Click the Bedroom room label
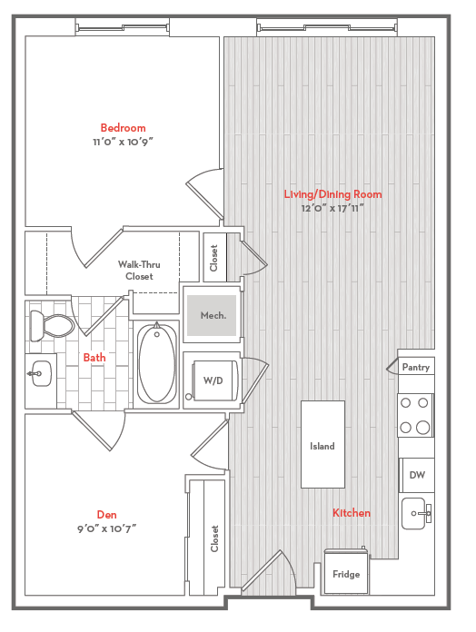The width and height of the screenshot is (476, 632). (123, 128)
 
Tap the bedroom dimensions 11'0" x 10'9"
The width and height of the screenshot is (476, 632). (123, 142)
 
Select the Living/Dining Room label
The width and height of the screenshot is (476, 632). (332, 194)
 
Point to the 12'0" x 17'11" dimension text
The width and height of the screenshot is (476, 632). (332, 208)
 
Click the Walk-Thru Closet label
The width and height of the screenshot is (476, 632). (139, 271)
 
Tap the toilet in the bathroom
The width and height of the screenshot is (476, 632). (52, 325)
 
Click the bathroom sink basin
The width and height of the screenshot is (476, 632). (42, 373)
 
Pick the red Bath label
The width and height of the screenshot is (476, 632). (94, 358)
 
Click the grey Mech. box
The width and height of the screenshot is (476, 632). (212, 315)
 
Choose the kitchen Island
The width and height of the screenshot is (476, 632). (322, 444)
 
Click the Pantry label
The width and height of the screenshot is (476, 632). (416, 367)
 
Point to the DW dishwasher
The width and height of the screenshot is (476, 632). (417, 475)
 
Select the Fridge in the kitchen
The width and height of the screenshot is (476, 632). (346, 572)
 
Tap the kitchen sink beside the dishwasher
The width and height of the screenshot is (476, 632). (413, 514)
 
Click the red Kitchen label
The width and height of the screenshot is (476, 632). (352, 513)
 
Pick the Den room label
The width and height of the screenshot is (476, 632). (107, 515)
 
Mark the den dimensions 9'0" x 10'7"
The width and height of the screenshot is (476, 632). (107, 528)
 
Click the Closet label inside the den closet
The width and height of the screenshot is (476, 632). (214, 538)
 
